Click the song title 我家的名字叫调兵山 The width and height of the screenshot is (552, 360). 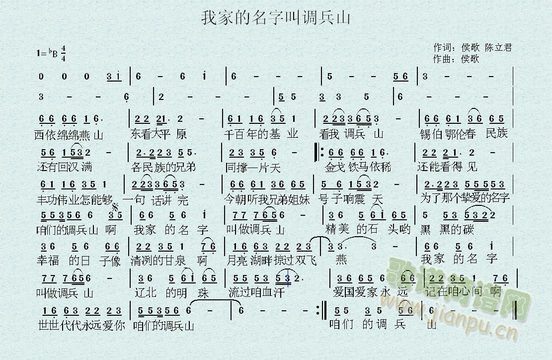(276, 18)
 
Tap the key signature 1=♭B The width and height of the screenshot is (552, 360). (47, 52)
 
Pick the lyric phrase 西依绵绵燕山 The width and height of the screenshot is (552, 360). (69, 134)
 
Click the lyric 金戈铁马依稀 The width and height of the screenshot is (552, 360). (357, 166)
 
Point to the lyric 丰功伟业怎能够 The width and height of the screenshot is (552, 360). (75, 199)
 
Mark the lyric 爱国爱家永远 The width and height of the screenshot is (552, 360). (371, 292)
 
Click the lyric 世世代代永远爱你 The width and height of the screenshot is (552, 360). (79, 326)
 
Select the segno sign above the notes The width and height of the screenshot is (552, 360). (116, 206)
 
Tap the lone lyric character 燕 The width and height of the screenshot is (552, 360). (341, 260)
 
